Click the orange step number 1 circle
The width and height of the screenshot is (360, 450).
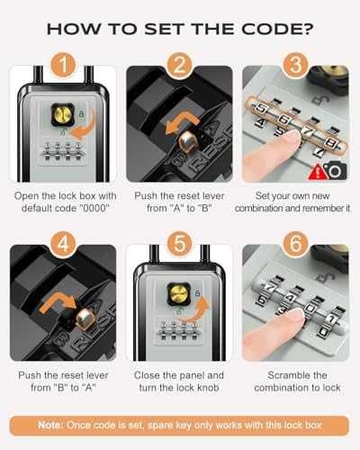[x=63, y=65]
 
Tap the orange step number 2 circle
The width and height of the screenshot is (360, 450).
[x=179, y=65]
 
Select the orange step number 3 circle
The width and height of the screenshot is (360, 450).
[x=295, y=65]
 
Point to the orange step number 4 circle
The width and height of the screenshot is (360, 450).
[x=63, y=244]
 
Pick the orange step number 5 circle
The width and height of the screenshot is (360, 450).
[x=179, y=244]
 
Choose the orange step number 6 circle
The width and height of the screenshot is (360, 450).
[x=295, y=244]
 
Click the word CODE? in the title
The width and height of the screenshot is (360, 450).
[x=277, y=29]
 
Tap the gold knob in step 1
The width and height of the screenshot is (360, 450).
[x=63, y=114]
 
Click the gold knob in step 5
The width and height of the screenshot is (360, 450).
[x=179, y=293]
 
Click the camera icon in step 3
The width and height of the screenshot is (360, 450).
[x=337, y=171]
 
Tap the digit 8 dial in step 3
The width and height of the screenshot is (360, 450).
[x=332, y=145]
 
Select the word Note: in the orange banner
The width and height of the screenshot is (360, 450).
[x=50, y=425]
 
